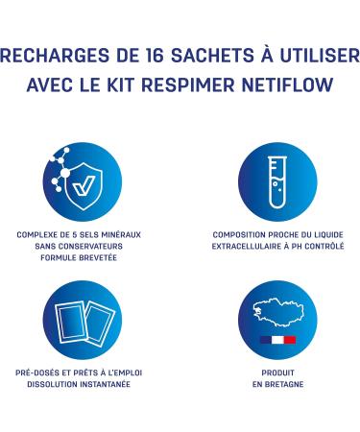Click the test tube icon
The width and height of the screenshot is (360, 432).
[x=277, y=180]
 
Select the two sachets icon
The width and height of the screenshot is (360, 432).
[x=81, y=320]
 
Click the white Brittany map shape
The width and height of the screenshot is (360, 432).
[x=276, y=312]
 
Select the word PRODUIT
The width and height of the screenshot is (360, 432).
[x=277, y=372]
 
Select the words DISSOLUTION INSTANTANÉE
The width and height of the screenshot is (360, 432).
[x=81, y=384]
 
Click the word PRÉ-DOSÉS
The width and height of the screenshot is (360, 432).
[x=36, y=372]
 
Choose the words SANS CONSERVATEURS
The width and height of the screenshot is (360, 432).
[x=81, y=246]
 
